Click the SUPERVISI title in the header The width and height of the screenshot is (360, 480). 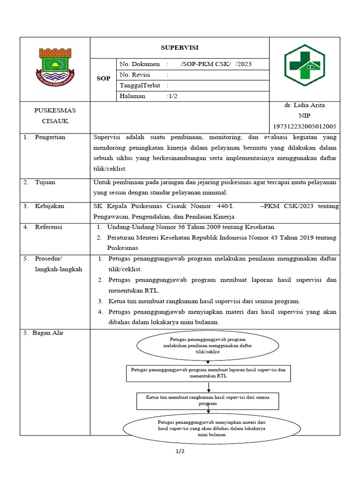point(180,48)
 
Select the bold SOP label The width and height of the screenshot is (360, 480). point(104,78)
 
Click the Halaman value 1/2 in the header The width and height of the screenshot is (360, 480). point(172,96)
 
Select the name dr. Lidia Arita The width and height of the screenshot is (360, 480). point(304,105)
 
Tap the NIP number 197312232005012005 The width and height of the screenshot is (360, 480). point(304,127)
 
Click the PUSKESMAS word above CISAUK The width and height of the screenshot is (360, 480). point(55,110)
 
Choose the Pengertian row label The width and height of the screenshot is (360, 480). point(50,137)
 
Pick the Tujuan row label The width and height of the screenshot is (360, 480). point(45,182)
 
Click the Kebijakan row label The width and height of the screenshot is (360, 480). point(49,206)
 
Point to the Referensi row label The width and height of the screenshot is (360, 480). point(49,227)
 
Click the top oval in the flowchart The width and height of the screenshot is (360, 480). point(208,345)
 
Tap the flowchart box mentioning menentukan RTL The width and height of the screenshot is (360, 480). point(208,373)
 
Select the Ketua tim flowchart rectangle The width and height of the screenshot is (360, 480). point(208,400)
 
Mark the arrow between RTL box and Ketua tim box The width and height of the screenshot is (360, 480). point(209,387)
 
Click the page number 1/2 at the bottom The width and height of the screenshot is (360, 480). point(180,451)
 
